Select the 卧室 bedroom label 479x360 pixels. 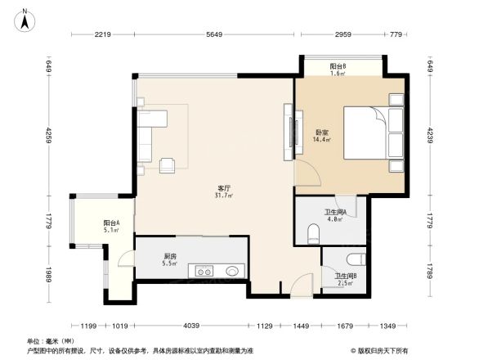(321, 133)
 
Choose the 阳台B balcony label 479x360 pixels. (338, 65)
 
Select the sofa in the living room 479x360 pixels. (149, 136)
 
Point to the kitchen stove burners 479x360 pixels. (203, 271)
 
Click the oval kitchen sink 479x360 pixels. (231, 271)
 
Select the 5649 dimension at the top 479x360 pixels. (214, 35)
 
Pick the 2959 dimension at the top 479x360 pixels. (342, 35)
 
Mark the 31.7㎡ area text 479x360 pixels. (223, 196)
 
